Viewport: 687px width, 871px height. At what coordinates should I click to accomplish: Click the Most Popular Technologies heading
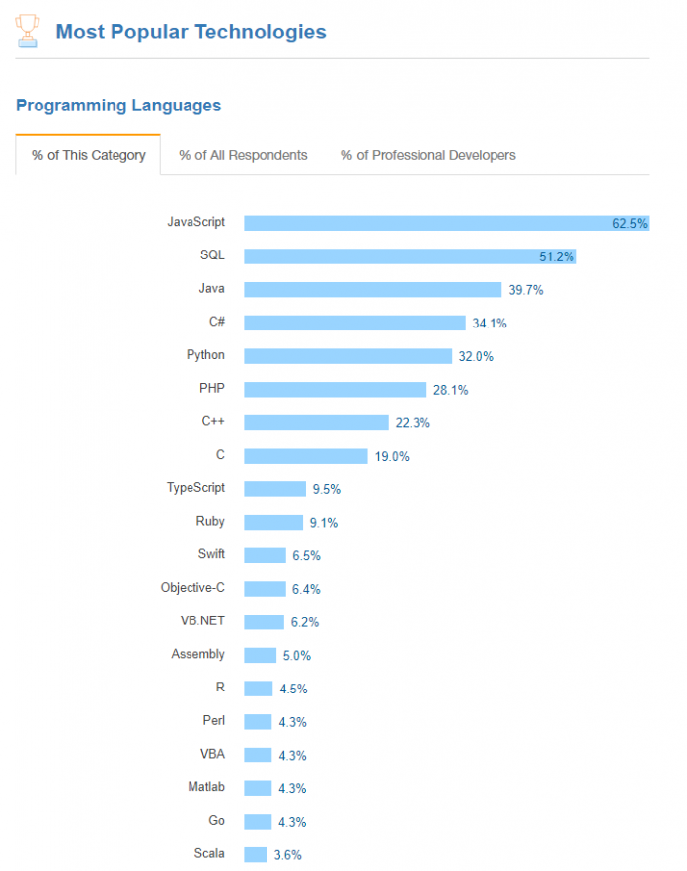pyautogui.click(x=191, y=32)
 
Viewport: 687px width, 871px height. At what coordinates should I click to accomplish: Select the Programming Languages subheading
pyautogui.click(x=118, y=106)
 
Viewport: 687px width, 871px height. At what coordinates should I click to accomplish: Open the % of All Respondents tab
pyautogui.click(x=243, y=155)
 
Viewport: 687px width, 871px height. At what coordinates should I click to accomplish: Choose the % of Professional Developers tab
pyautogui.click(x=427, y=155)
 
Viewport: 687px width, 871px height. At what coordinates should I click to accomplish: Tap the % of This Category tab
pyautogui.click(x=89, y=155)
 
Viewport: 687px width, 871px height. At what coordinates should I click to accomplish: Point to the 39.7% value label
pyautogui.click(x=526, y=290)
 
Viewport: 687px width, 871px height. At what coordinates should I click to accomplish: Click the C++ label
pyautogui.click(x=212, y=421)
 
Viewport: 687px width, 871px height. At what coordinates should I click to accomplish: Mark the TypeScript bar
pyautogui.click(x=274, y=489)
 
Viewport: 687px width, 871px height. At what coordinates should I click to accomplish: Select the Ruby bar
pyautogui.click(x=273, y=523)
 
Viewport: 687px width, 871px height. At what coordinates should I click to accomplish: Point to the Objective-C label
pyautogui.click(x=192, y=588)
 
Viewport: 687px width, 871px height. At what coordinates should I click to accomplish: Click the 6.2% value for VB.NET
pyautogui.click(x=306, y=622)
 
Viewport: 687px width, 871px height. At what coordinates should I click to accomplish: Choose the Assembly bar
pyautogui.click(x=260, y=655)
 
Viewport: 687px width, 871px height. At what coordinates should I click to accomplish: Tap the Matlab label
pyautogui.click(x=206, y=787)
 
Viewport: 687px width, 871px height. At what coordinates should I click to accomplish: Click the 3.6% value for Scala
pyautogui.click(x=289, y=855)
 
